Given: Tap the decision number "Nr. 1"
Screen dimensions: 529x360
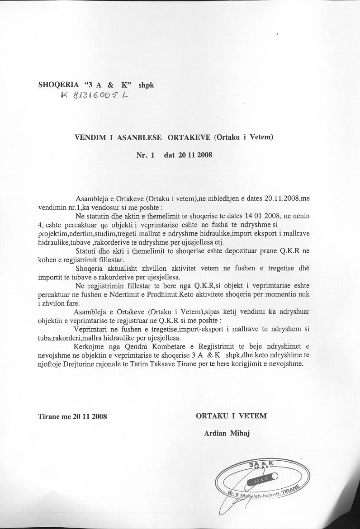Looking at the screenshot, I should pos(145,155).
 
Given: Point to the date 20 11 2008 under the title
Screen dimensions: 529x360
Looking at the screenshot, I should pos(194,155).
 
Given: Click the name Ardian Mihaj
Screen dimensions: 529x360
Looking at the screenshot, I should pos(227,433).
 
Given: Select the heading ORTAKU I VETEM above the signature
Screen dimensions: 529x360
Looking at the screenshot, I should pos(231,416).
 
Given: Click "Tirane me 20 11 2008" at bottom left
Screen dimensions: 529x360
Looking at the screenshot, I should pos(72,416).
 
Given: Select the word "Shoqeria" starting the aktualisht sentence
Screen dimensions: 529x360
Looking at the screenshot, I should pos(91,269).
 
